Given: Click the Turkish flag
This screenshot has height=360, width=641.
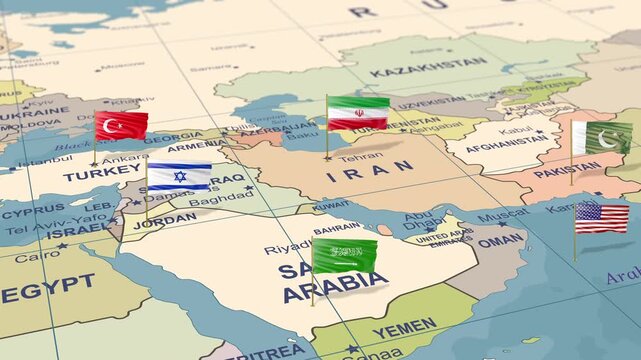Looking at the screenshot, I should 121,125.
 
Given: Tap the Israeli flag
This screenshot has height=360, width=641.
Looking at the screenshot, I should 179,177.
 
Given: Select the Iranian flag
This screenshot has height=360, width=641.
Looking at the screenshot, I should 358,113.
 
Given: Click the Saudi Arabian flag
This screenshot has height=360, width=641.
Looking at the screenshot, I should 345,254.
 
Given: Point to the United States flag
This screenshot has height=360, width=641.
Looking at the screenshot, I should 602,217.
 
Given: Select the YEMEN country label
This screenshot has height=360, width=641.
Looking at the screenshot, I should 405,328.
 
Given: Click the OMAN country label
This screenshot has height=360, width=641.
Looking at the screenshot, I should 499,240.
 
